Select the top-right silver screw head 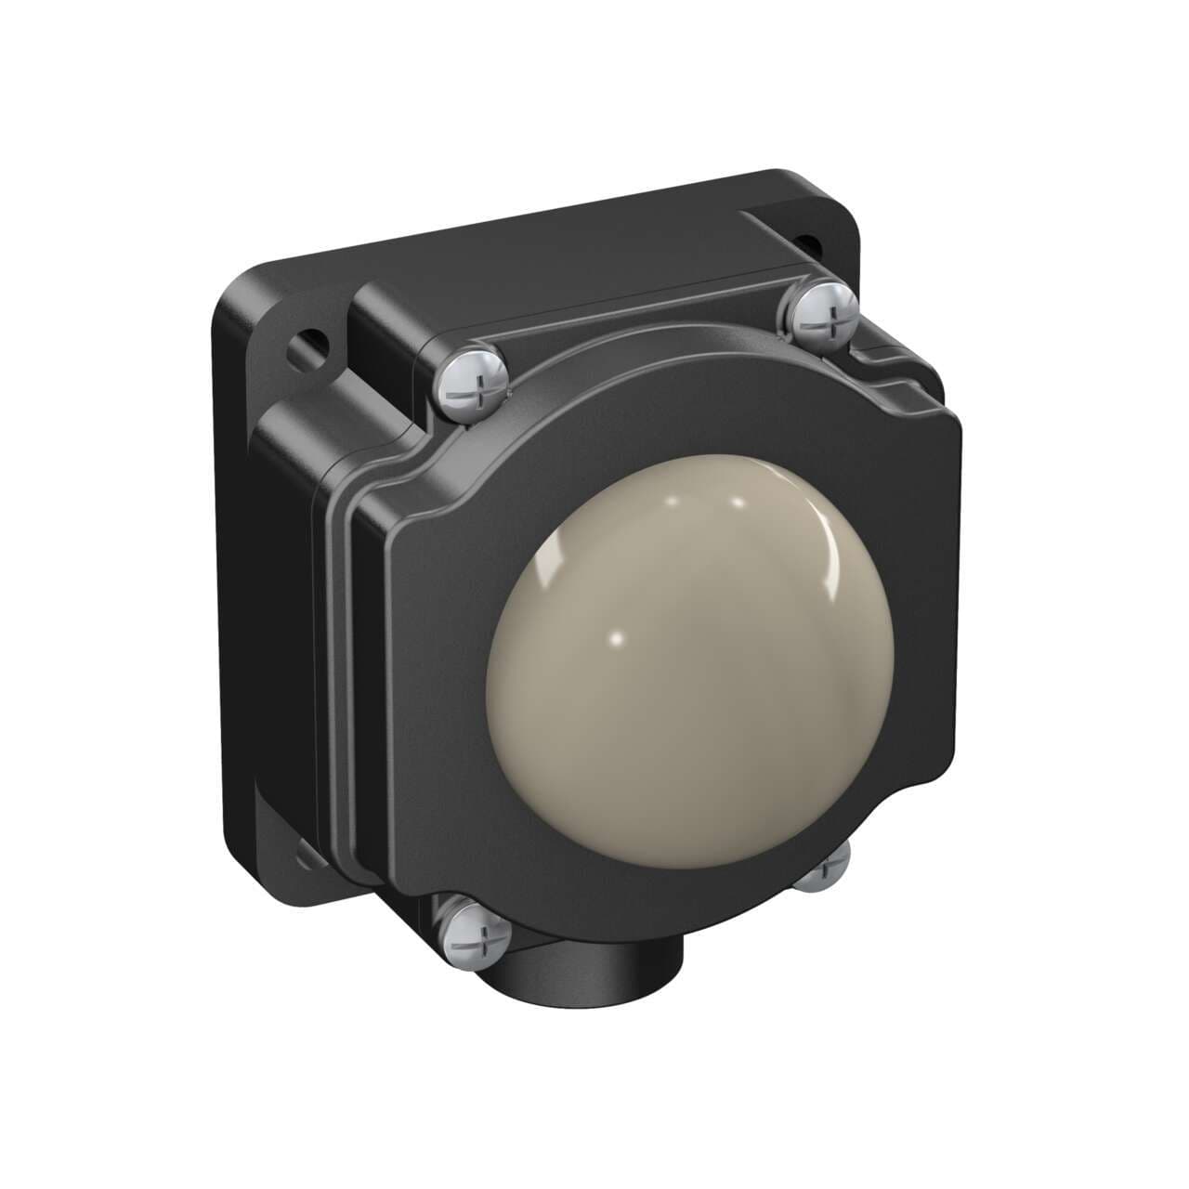825,313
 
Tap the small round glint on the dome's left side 614,640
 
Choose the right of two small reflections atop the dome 738,503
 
